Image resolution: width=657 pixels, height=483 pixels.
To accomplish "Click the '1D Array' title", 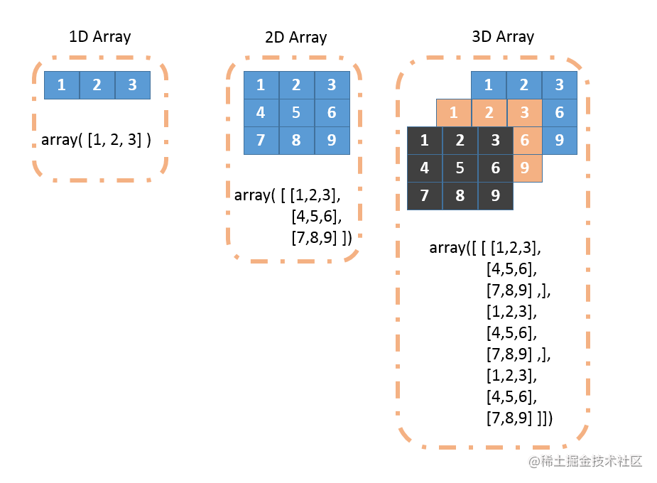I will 99,37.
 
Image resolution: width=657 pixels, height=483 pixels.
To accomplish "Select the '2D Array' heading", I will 295,37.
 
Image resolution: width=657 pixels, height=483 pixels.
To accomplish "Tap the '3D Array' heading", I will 503,36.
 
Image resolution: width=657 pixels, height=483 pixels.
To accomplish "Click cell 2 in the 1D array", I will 97,85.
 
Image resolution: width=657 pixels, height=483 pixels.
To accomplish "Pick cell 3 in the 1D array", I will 133,85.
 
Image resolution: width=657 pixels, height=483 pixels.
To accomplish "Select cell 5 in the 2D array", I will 296,112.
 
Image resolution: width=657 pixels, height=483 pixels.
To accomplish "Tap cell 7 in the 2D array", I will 261,140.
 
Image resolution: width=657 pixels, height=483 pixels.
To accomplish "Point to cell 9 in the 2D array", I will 332,140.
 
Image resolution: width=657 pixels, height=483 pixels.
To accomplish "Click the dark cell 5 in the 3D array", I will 460,168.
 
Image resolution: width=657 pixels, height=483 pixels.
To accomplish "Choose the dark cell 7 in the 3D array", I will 424,196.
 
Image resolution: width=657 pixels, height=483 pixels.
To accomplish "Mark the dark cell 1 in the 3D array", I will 424,140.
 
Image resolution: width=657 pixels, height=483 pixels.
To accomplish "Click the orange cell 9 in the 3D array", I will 525,168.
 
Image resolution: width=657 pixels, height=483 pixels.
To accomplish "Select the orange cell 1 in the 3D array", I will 453,112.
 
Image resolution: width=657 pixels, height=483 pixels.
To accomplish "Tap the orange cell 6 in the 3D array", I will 525,140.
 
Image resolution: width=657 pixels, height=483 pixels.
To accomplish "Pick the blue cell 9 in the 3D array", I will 560,140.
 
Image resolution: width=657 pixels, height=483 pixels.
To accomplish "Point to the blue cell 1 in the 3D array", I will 489,85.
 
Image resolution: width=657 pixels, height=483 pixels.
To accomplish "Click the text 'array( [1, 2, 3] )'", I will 97,140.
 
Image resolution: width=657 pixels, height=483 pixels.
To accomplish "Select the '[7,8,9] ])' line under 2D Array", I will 321,238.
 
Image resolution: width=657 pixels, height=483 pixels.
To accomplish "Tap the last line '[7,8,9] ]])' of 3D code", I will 519,418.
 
